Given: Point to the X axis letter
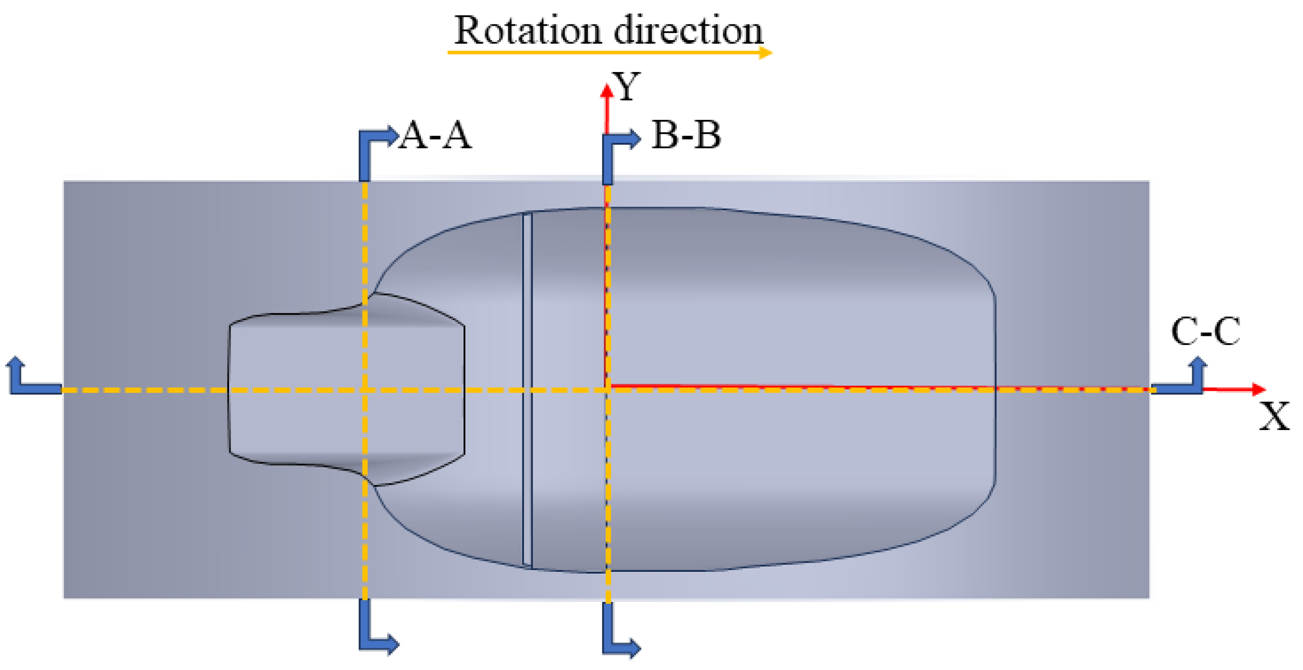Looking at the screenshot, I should click(x=1274, y=416).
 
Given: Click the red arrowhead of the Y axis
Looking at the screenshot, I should click(x=606, y=92).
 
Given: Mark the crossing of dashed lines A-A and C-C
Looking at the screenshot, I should click(x=364, y=390).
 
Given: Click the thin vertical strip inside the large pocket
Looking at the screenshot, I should click(x=527, y=390).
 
